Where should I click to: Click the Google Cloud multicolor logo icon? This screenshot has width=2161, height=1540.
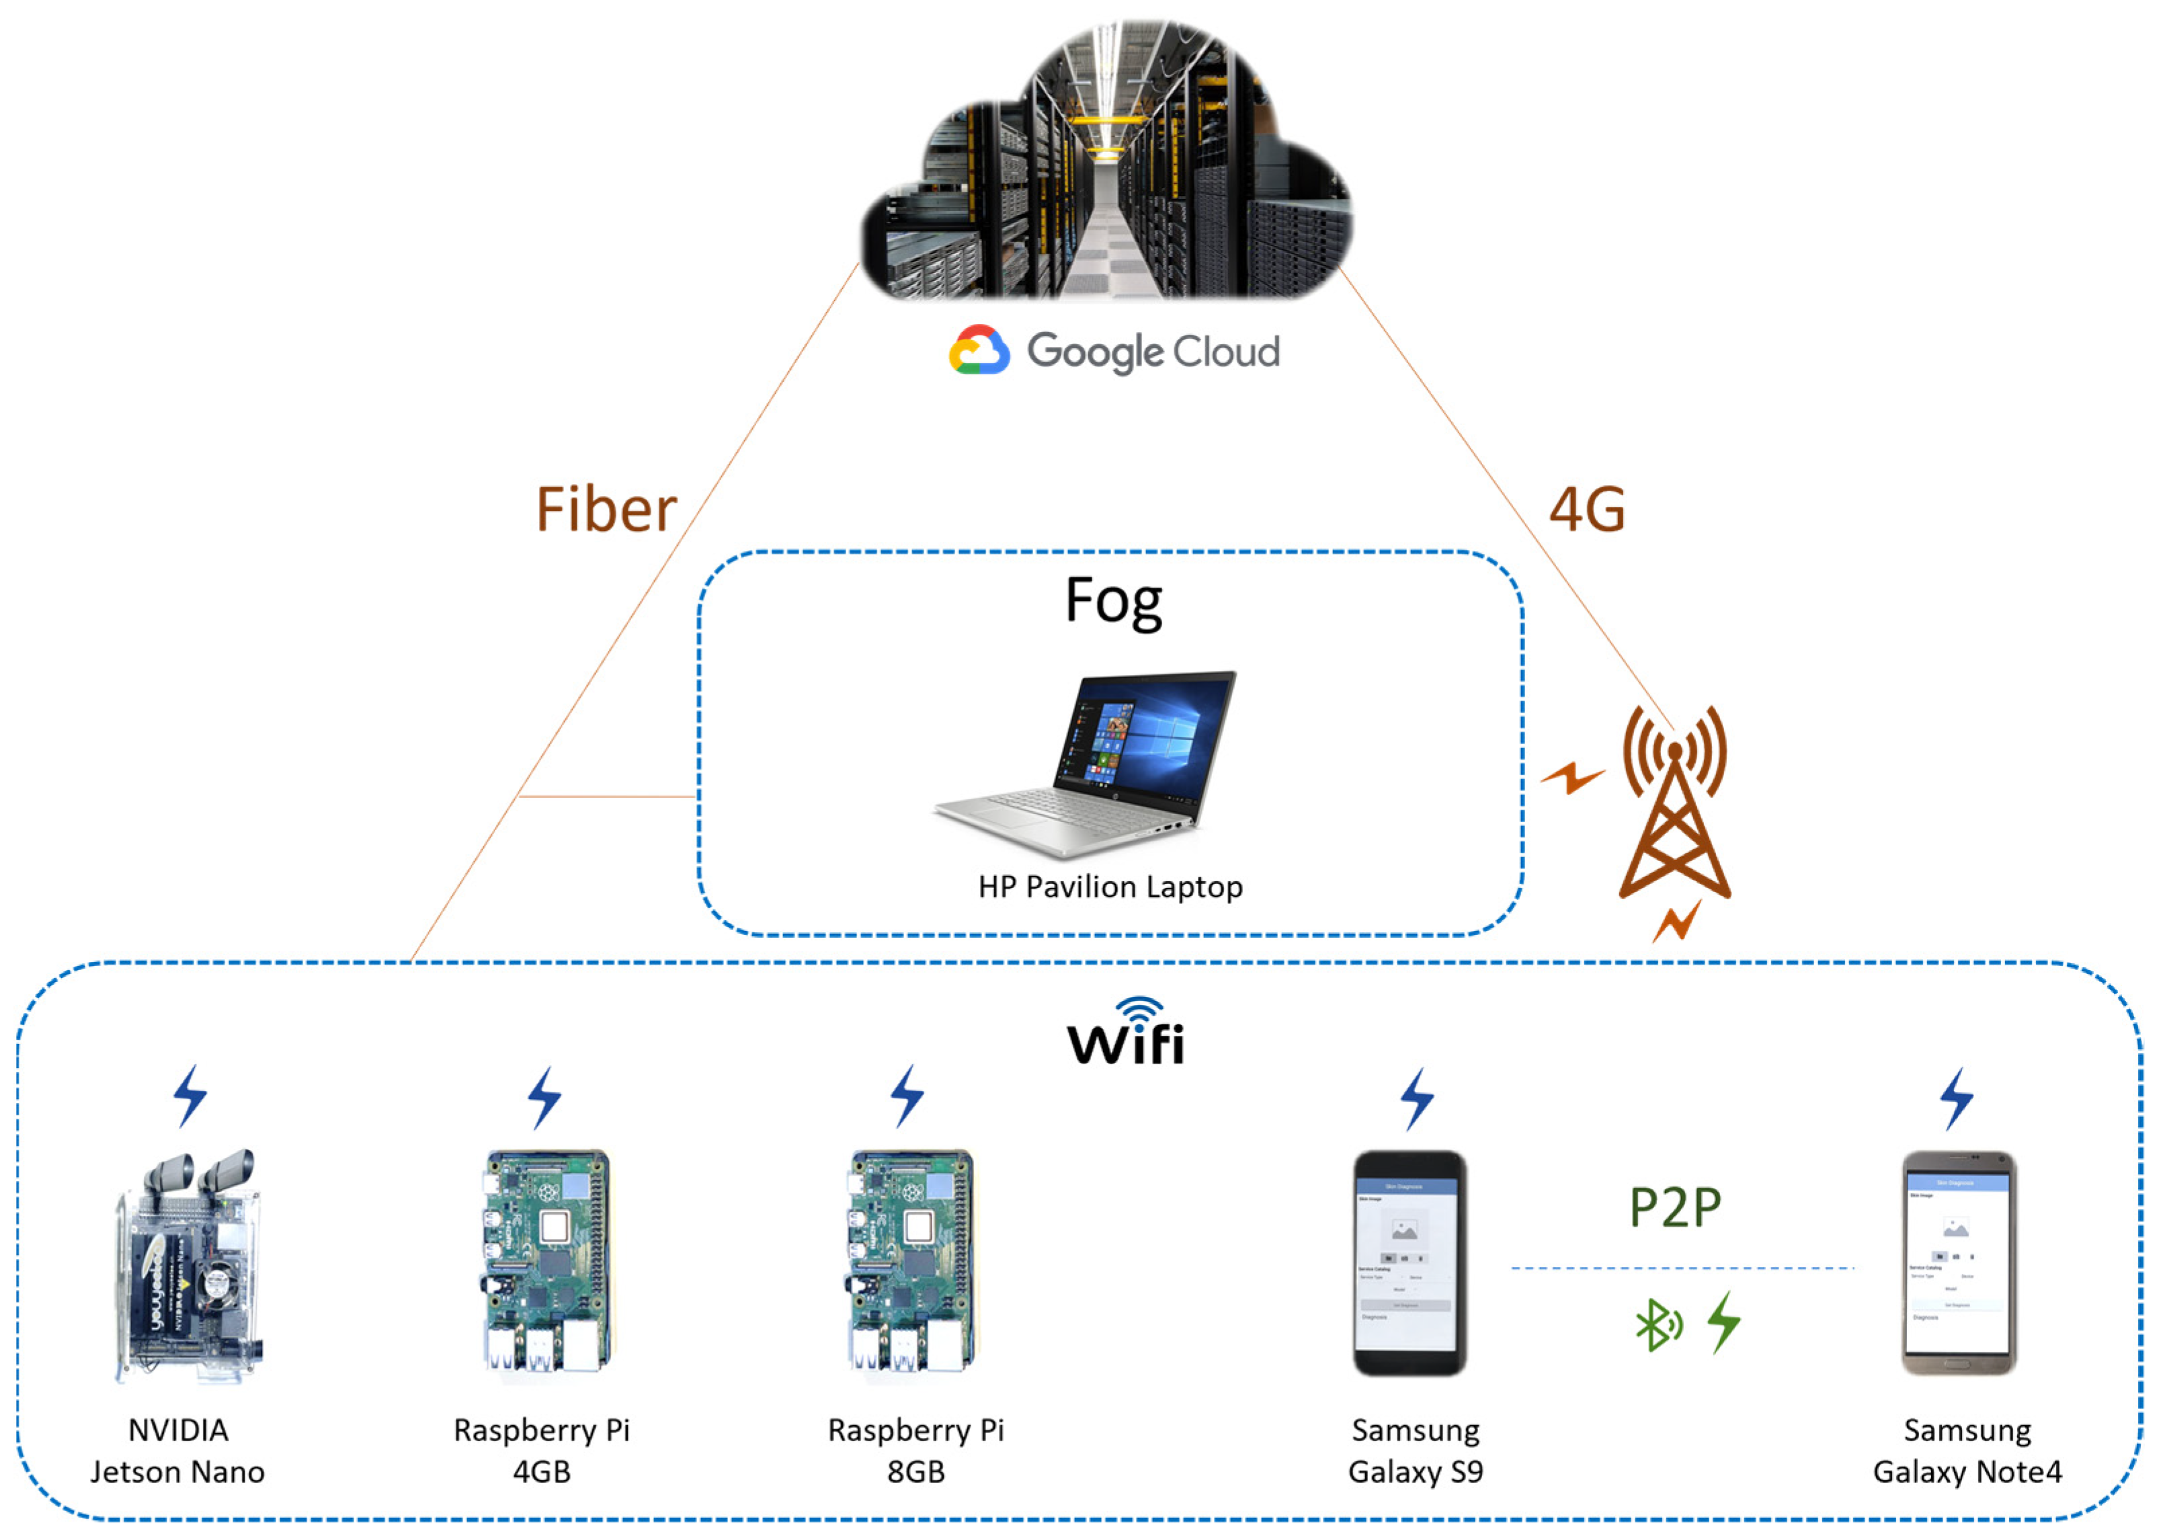pyautogui.click(x=979, y=351)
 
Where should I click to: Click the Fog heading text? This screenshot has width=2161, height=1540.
pyautogui.click(x=1113, y=601)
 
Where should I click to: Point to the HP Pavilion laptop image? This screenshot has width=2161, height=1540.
pyautogui.click(x=1086, y=764)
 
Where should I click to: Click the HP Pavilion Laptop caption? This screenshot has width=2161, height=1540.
pyautogui.click(x=1110, y=887)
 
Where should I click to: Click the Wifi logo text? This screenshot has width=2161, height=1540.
pyautogui.click(x=1127, y=1034)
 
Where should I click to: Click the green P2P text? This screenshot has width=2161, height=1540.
pyautogui.click(x=1674, y=1208)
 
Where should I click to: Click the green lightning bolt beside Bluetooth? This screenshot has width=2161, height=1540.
pyautogui.click(x=1724, y=1322)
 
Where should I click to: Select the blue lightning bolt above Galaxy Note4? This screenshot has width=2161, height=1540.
pyautogui.click(x=1956, y=1099)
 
